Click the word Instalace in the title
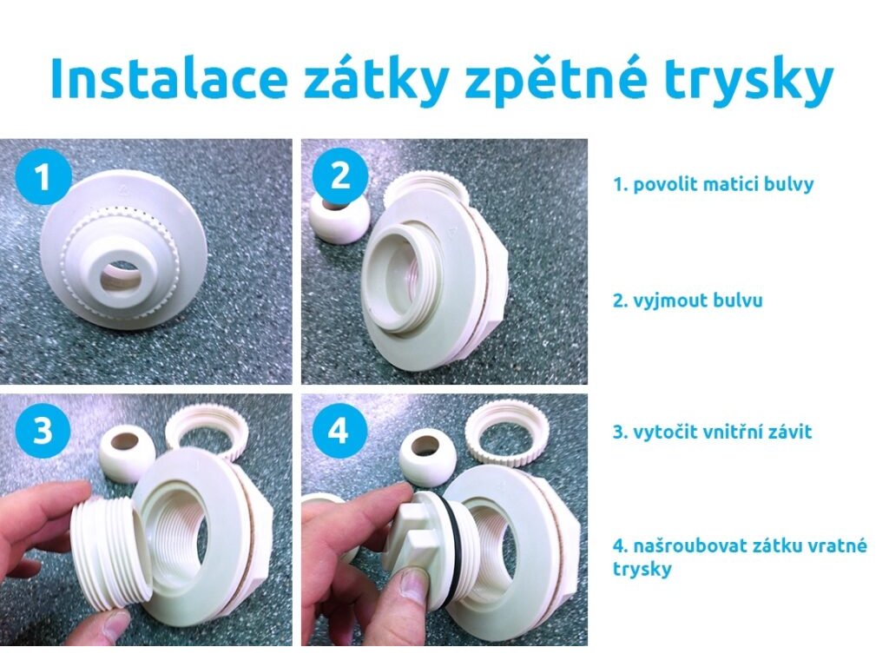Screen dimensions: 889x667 coord(168,77)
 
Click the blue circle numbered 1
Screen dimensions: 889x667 coord(43,177)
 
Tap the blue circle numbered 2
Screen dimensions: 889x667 coord(339,175)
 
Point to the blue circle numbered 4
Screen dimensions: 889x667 coord(339,431)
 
